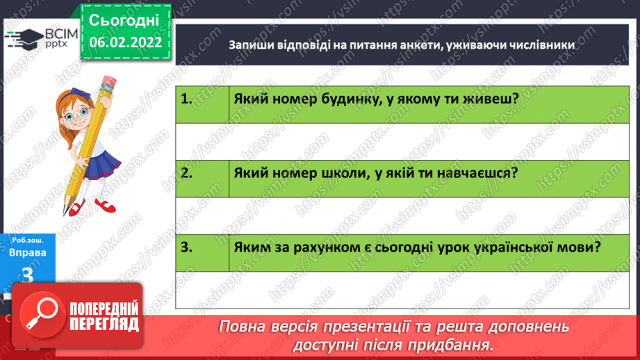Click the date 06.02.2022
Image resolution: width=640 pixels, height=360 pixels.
pos(125,42)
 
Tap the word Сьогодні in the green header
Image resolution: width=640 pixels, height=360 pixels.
pos(125,19)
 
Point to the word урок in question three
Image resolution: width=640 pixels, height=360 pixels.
pos(436,247)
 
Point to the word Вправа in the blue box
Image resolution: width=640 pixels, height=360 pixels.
pos(28,253)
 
